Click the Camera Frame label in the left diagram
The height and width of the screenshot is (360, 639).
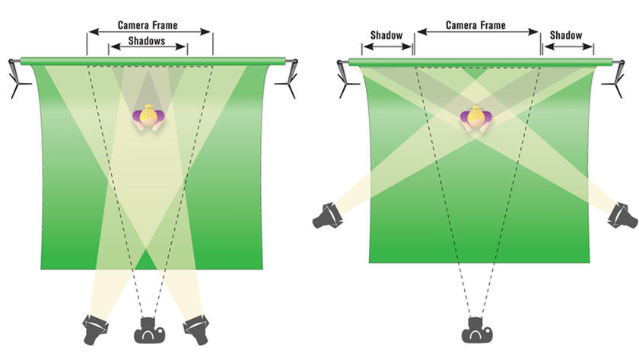[148, 24]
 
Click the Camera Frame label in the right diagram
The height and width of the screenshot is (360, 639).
[476, 25]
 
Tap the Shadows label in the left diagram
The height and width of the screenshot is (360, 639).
[147, 41]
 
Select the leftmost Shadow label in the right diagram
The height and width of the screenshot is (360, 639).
[386, 36]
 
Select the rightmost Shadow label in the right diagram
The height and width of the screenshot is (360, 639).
[566, 36]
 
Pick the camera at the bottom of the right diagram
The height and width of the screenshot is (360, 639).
[477, 328]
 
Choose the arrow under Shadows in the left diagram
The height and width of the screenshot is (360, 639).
[148, 47]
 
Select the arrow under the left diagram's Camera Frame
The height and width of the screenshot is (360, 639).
[149, 32]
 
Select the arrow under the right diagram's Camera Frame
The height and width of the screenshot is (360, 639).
[477, 32]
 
